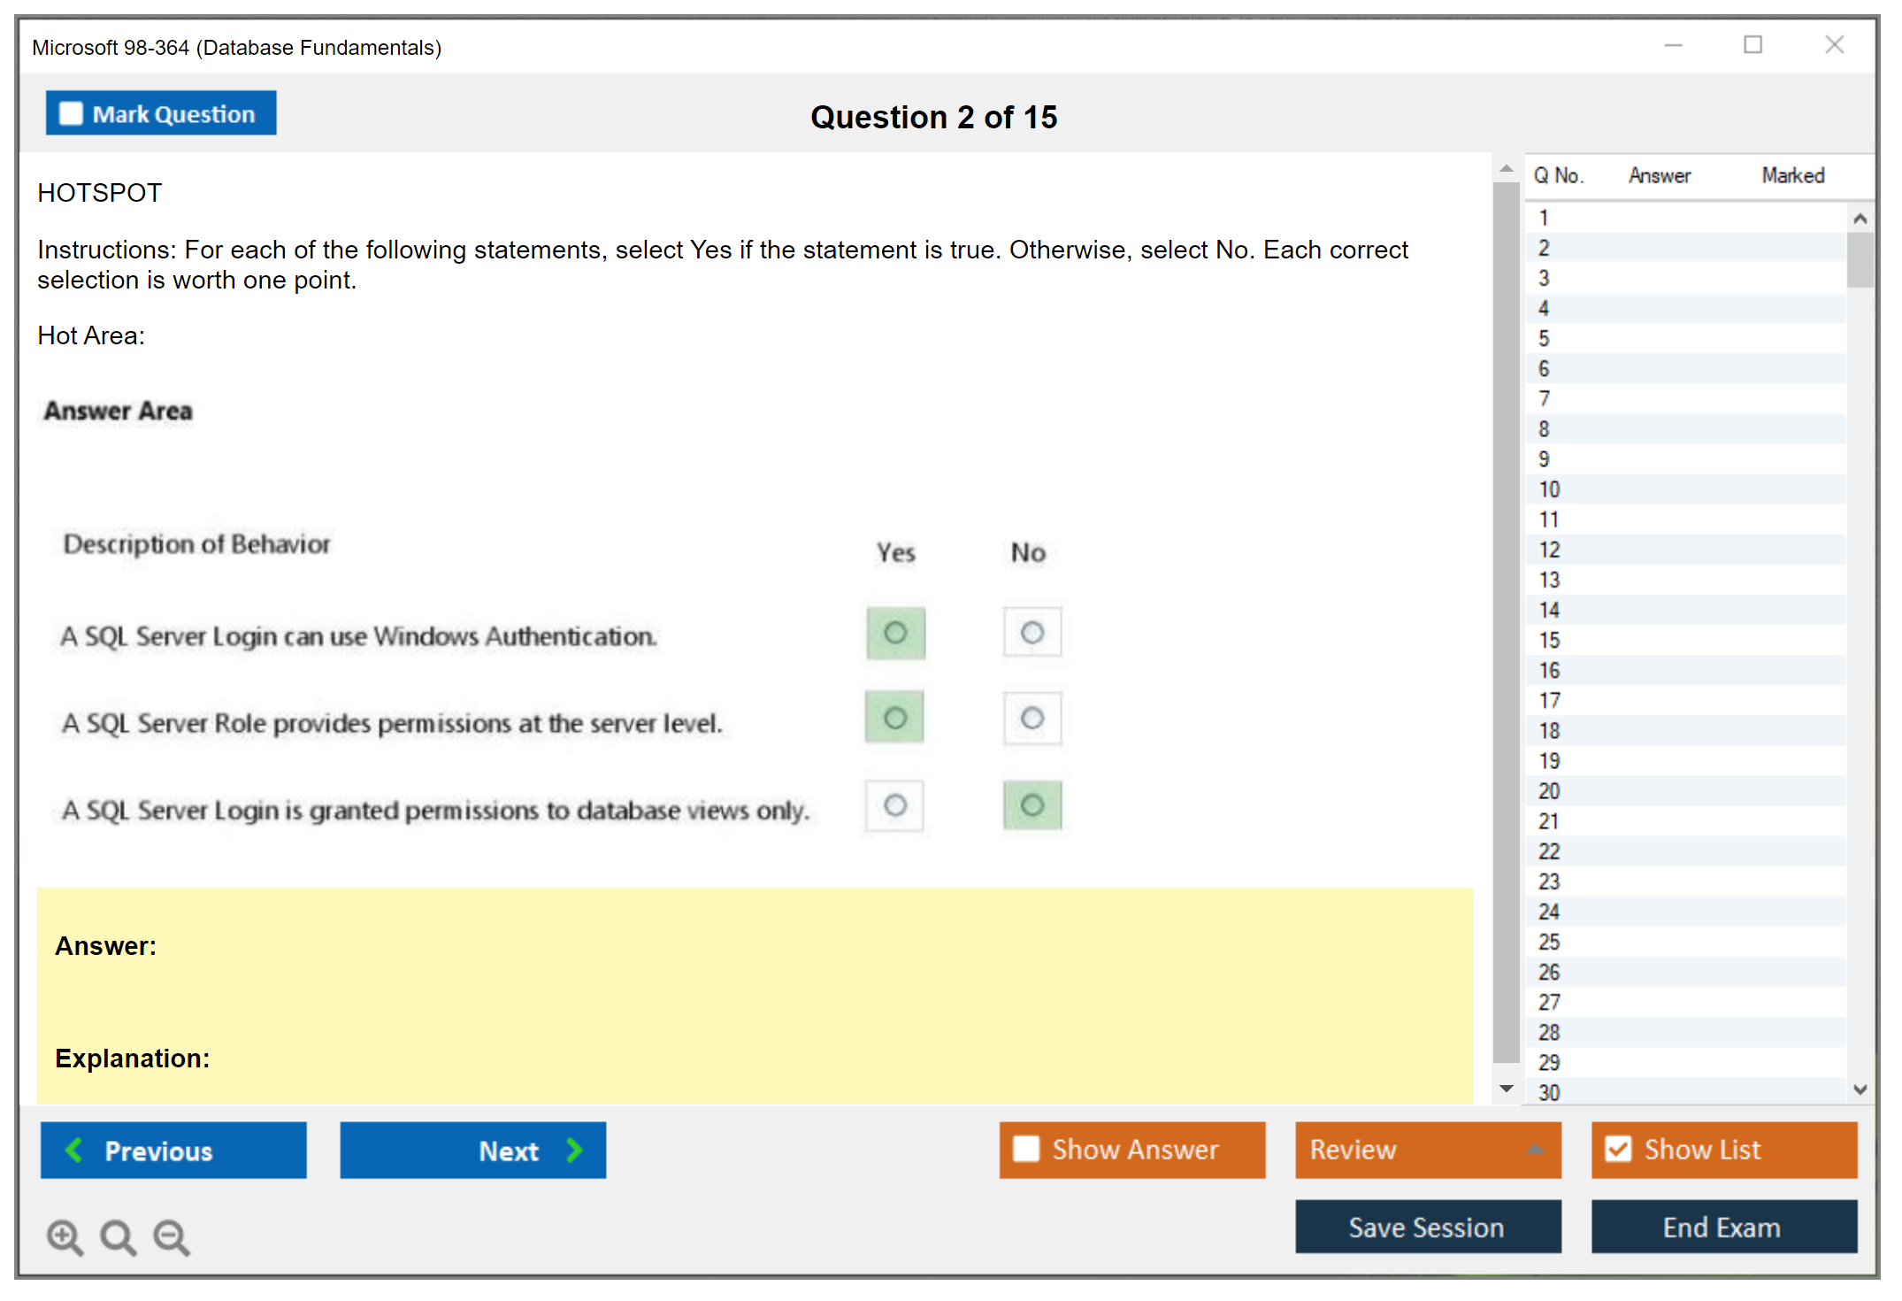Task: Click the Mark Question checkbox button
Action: coord(161,113)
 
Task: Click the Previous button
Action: coord(173,1150)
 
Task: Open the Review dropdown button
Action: coord(1428,1150)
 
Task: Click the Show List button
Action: coord(1724,1150)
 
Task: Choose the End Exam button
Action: coord(1724,1227)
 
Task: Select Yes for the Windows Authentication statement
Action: coord(895,633)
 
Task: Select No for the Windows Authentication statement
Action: coord(1032,633)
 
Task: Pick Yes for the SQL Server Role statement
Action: coord(895,717)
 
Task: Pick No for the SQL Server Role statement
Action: coord(1032,718)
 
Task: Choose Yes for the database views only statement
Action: coord(895,805)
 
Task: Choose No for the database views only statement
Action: coord(1032,805)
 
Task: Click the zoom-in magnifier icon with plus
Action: coord(65,1237)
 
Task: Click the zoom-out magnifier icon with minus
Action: coord(172,1237)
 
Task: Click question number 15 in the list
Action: coord(1549,640)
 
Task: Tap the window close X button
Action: coord(1835,44)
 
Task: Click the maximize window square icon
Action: coord(1752,44)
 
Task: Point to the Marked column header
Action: coord(1793,175)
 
